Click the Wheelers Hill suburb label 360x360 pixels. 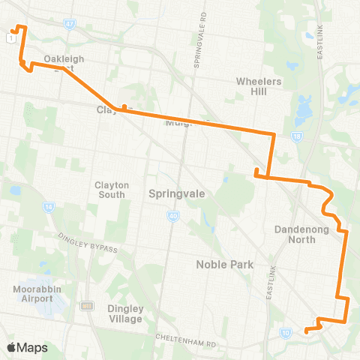[258, 85]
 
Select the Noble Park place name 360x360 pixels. [225, 264]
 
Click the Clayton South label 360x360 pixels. [112, 190]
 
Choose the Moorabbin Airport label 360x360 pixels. [33, 293]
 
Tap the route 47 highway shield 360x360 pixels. [69, 24]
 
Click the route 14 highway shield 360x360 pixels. [49, 206]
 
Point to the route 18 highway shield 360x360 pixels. [298, 136]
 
